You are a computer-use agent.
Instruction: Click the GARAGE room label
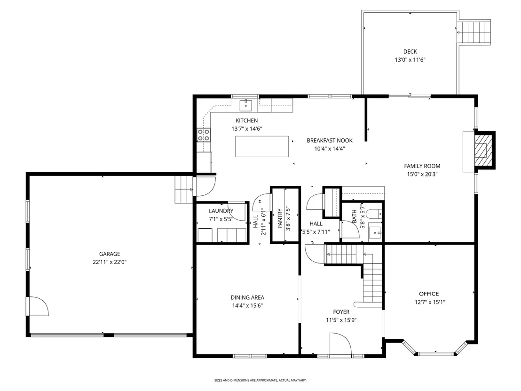[110, 254]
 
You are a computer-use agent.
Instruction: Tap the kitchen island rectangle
[262, 146]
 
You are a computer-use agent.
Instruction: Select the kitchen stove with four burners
[203, 135]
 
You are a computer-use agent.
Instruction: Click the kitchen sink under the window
[246, 105]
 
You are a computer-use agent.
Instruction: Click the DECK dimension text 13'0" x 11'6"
[410, 60]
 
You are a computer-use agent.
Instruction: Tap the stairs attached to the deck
[474, 32]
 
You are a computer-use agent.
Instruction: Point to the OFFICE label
[429, 294]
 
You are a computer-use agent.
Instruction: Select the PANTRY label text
[280, 218]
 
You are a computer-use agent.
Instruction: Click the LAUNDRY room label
[221, 211]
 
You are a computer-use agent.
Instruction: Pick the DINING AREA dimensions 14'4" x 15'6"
[247, 305]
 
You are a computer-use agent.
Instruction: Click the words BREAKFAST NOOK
[330, 140]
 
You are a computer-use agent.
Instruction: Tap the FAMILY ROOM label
[422, 166]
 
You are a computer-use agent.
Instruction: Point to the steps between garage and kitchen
[184, 190]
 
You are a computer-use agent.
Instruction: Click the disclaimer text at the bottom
[260, 380]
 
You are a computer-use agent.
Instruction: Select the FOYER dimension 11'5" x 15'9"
[341, 320]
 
